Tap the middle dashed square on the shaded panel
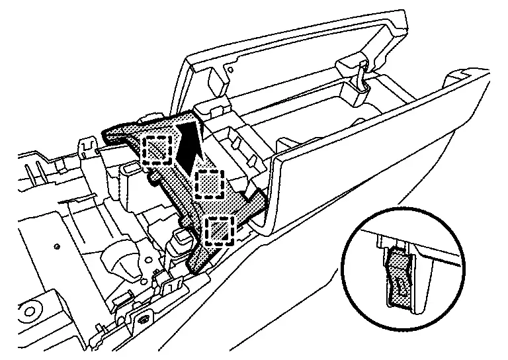210,182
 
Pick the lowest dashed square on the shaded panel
219,231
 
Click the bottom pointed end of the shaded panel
193,267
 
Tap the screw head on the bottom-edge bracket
144,320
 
